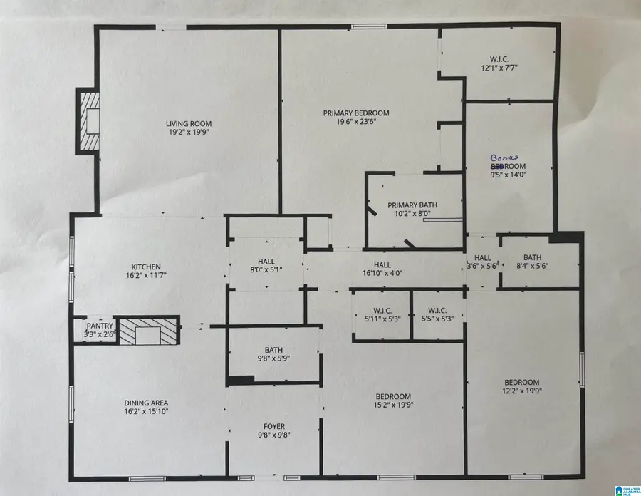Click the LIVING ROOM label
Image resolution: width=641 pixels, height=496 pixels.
tap(189, 123)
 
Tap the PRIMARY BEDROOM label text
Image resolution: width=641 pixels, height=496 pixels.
tap(356, 113)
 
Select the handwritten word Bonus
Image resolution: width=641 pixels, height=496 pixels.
tap(504, 157)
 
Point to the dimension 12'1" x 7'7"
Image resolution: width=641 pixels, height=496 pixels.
tap(499, 68)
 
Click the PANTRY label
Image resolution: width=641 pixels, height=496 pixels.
tap(100, 326)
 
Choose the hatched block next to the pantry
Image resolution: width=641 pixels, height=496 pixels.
tap(147, 331)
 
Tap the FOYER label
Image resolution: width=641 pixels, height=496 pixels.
tap(274, 426)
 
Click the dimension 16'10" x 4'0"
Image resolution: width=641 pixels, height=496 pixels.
tap(382, 273)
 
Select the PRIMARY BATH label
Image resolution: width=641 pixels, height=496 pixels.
tap(412, 205)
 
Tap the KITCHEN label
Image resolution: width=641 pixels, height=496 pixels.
tap(146, 267)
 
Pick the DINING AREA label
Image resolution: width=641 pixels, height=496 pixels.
tap(146, 403)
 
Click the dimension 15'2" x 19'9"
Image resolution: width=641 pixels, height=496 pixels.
tap(393, 405)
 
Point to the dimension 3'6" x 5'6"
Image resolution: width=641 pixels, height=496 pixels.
tap(482, 266)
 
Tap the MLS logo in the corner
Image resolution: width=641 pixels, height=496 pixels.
tap(627, 491)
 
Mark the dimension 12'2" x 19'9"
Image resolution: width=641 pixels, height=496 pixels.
tap(522, 391)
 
